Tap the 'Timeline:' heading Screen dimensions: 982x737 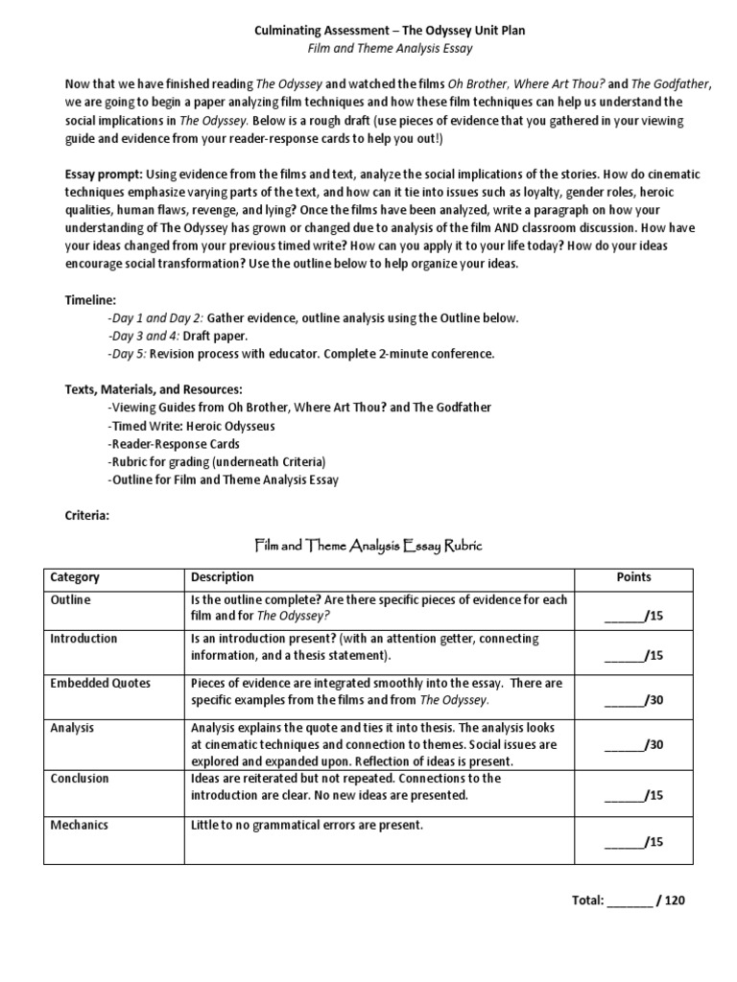(x=89, y=299)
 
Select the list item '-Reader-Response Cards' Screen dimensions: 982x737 (x=174, y=444)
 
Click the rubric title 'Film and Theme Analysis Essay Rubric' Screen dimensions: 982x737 (x=368, y=546)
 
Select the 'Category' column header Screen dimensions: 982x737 (x=74, y=577)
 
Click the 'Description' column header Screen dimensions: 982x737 (x=223, y=577)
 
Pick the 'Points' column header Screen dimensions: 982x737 (x=633, y=577)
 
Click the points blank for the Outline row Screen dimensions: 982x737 (x=634, y=616)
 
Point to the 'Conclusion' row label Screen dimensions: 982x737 (x=80, y=779)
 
